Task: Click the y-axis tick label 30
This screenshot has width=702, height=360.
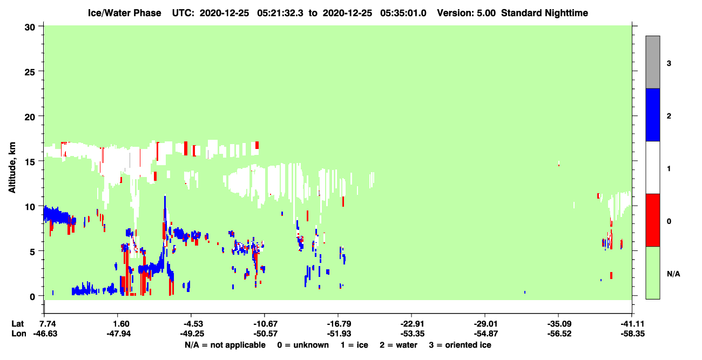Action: pyautogui.click(x=30, y=28)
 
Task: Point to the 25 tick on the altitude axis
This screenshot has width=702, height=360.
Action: pyautogui.click(x=30, y=72)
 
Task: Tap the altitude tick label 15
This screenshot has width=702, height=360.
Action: pyautogui.click(x=30, y=162)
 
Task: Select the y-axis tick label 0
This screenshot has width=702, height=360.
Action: pyautogui.click(x=32, y=297)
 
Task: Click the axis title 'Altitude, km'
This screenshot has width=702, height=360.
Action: pyautogui.click(x=12, y=167)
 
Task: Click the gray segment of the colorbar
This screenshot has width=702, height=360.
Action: pyautogui.click(x=653, y=62)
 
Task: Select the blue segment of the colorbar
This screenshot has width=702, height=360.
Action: pyautogui.click(x=653, y=114)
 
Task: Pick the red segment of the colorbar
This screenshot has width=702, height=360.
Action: pyautogui.click(x=653, y=220)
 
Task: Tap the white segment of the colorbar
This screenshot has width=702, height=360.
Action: pyautogui.click(x=653, y=167)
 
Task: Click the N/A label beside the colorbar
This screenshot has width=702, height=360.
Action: pyautogui.click(x=673, y=274)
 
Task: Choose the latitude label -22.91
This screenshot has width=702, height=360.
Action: pyautogui.click(x=413, y=324)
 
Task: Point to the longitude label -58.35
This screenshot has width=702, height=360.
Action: pyautogui.click(x=633, y=334)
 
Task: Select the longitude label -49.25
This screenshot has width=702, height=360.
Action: pyautogui.click(x=192, y=334)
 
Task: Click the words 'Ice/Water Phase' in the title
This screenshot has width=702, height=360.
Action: pyautogui.click(x=124, y=13)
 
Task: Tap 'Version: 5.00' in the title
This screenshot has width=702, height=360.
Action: pyautogui.click(x=467, y=13)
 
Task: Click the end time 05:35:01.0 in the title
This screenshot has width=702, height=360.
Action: pyautogui.click(x=403, y=13)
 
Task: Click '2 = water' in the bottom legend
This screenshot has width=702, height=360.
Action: pyautogui.click(x=399, y=345)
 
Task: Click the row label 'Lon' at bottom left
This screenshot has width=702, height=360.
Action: pyautogui.click(x=19, y=334)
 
